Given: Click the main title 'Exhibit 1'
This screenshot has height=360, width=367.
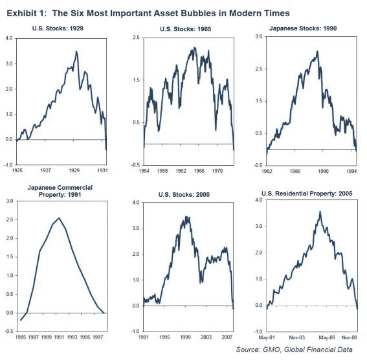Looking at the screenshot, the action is [25, 13].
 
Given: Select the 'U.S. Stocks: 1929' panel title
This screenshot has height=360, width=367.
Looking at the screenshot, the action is [58, 28].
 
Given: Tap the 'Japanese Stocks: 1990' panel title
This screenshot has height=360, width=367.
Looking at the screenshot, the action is [303, 28].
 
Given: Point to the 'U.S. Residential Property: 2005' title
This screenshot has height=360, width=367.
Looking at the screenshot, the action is [307, 194].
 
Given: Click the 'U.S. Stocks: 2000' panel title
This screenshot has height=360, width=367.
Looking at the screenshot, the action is [184, 194].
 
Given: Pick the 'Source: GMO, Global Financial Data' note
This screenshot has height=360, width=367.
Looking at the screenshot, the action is [295, 350].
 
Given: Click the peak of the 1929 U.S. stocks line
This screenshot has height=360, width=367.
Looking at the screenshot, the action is [76, 52].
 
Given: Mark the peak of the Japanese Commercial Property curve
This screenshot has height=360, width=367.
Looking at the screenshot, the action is [59, 218].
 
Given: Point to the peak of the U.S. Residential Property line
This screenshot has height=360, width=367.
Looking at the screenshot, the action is [320, 212].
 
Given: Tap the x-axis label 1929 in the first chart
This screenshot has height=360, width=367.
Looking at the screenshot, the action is [74, 170].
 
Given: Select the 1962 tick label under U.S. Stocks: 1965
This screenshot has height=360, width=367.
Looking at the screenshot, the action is [181, 171].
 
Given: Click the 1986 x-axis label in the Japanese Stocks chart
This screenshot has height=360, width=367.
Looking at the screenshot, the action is [295, 171].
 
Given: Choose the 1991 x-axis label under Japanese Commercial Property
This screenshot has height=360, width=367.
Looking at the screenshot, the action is [59, 337].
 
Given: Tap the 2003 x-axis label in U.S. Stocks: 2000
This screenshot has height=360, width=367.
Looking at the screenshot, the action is [206, 337].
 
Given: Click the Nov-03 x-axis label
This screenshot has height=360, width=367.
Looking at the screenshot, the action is [297, 337].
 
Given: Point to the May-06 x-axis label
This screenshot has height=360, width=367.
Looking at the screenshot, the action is [327, 337].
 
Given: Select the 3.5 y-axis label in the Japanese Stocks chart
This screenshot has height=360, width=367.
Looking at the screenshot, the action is [259, 37].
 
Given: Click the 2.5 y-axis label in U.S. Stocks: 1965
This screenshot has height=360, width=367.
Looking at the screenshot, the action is [136, 38].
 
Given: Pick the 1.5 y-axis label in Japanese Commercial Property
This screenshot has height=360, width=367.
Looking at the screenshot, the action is [10, 257].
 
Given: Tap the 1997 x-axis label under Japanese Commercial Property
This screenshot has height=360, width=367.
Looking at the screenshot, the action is [98, 337].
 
